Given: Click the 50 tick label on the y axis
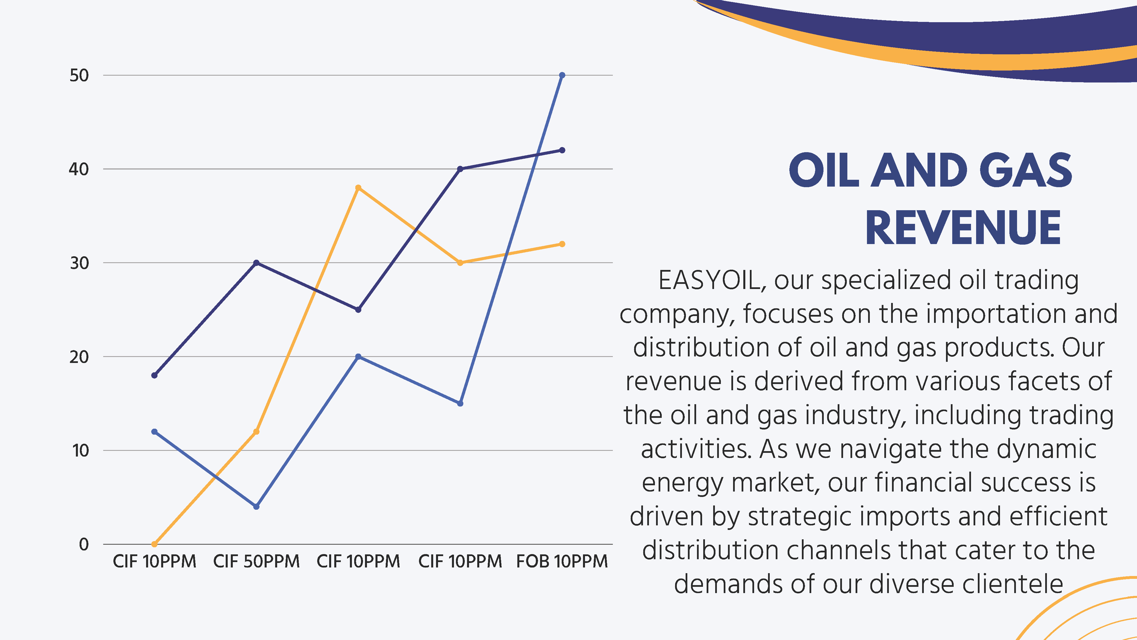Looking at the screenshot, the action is (79, 76).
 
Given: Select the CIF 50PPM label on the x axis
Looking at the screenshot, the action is (256, 561).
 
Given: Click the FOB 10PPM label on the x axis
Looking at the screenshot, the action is (562, 561).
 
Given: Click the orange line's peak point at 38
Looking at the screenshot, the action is (358, 188).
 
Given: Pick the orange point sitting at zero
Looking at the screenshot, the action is (154, 544).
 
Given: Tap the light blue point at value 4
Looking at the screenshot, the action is (256, 507).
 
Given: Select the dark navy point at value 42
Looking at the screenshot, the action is (562, 150).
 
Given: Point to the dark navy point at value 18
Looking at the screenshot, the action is (154, 375).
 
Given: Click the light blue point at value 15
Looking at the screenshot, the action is (460, 404).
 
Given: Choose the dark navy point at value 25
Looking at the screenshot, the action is (358, 310).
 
